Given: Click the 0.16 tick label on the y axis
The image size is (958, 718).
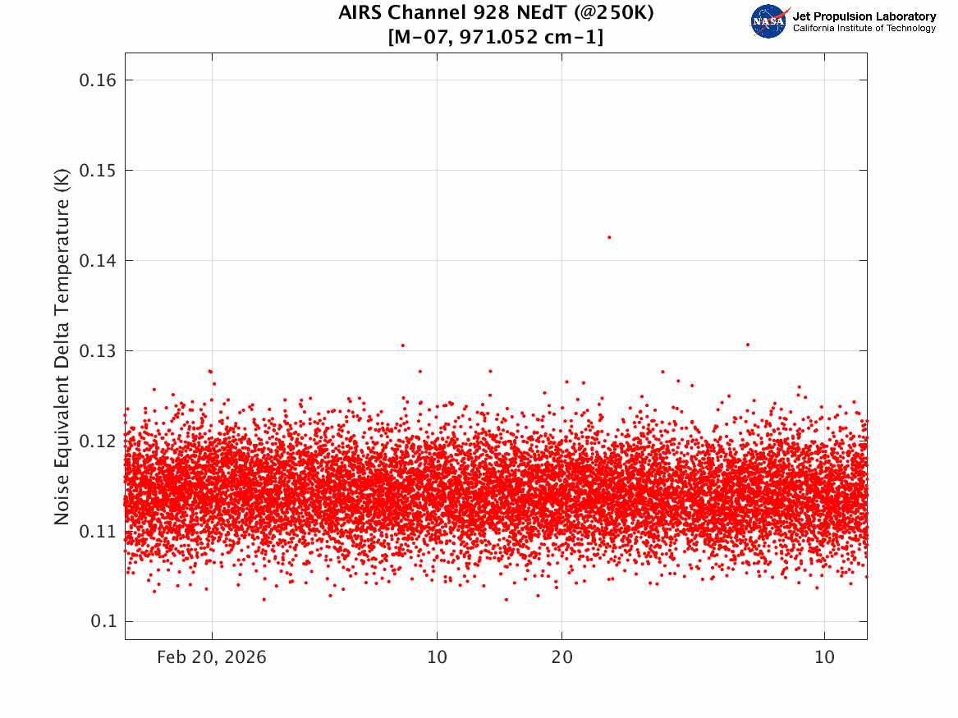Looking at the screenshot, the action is [x=98, y=80].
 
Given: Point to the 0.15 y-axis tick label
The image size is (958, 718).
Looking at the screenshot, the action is [x=98, y=171].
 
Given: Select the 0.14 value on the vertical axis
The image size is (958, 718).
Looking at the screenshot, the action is [x=98, y=261].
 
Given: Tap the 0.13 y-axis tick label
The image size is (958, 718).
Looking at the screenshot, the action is [x=98, y=351].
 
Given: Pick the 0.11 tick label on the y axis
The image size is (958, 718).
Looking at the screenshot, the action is [x=98, y=531].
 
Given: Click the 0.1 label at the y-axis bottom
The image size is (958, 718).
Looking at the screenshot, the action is [x=103, y=621].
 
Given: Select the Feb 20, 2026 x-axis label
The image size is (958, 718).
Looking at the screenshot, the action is [x=212, y=657].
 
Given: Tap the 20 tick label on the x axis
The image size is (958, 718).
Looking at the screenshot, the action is [x=562, y=657].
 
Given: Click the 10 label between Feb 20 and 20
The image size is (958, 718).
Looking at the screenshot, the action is [x=437, y=657].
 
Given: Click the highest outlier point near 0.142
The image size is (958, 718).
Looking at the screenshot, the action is [x=609, y=237].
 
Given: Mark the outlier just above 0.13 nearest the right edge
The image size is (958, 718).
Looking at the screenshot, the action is [x=748, y=345].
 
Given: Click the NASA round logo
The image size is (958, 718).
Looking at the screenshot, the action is [x=769, y=21].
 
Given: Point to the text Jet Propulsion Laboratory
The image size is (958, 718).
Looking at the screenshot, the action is [x=864, y=16].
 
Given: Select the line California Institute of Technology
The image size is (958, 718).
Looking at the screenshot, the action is [x=864, y=28].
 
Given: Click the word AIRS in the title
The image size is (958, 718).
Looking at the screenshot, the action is [x=360, y=12].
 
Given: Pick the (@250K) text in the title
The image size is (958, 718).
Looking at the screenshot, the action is [x=613, y=12].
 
